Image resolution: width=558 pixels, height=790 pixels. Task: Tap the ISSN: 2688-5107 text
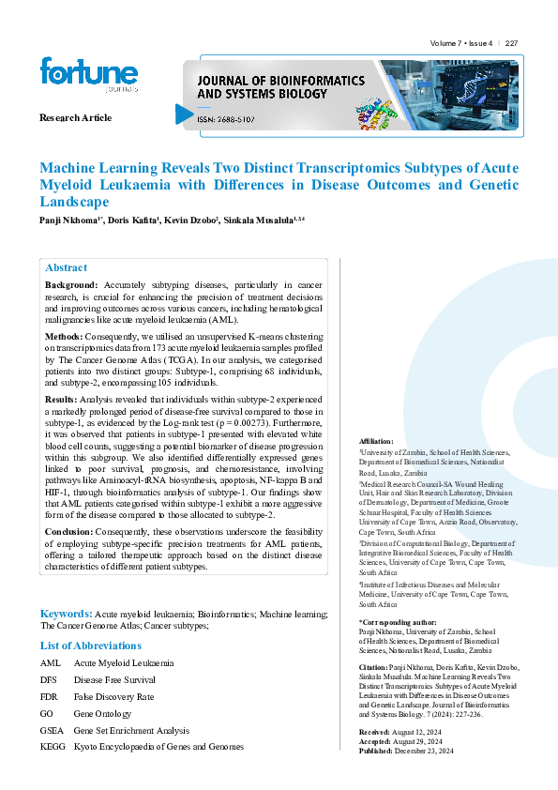point(224,119)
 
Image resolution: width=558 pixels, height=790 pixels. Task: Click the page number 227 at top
point(511,44)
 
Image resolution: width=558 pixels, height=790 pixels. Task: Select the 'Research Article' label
point(75,118)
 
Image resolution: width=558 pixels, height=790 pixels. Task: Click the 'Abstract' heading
point(66,267)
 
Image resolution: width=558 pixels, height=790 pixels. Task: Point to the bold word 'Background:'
point(71,284)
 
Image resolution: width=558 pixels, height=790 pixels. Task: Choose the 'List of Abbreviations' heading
point(91,646)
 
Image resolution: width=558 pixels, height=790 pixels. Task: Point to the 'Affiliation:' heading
point(377,441)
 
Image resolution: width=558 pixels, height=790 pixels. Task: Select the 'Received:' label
point(376,732)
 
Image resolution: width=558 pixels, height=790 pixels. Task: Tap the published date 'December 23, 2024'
point(424,752)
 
